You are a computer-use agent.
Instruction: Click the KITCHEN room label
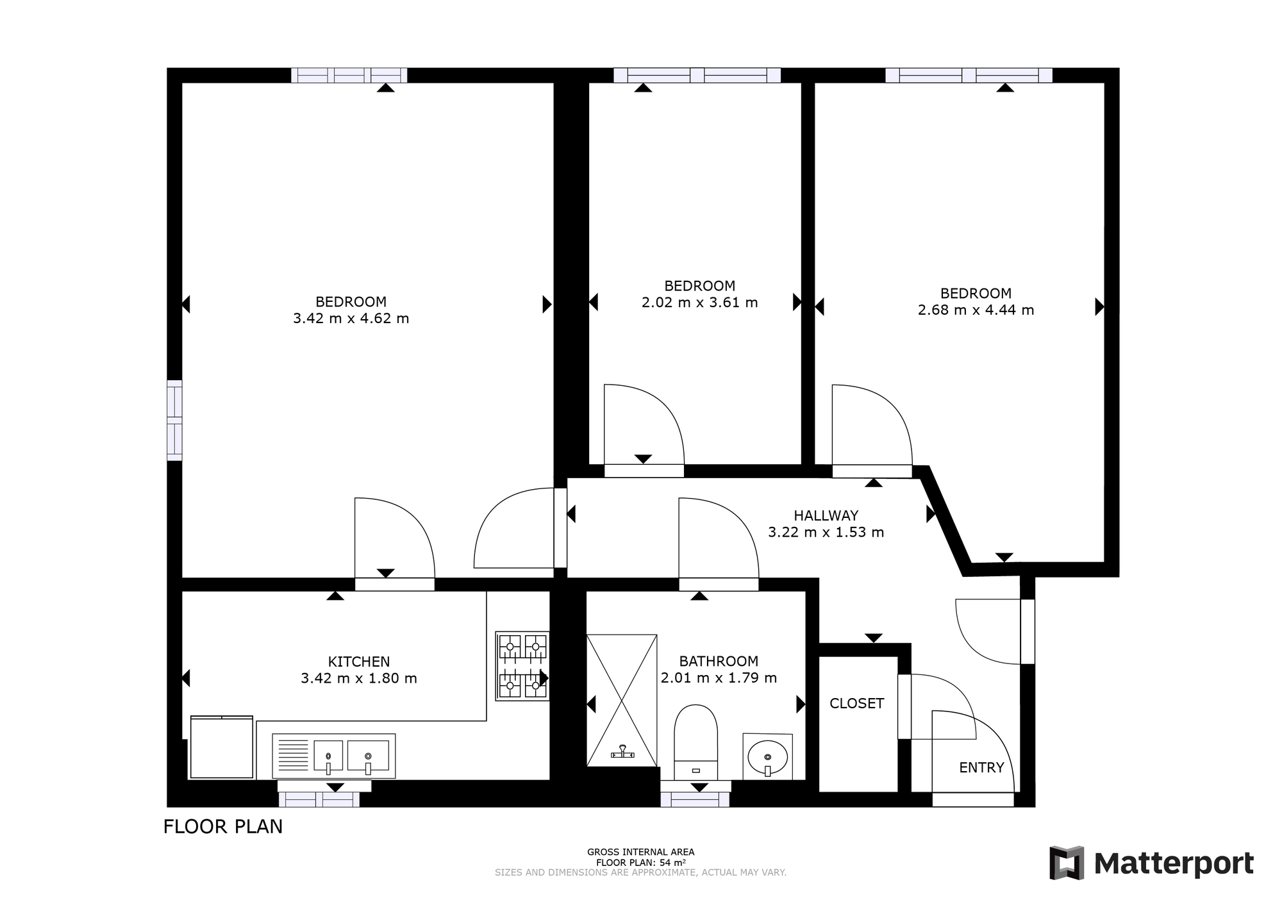point(359,662)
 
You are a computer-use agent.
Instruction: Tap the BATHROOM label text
point(719,661)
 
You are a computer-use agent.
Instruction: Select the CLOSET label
point(857,703)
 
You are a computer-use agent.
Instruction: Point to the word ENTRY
point(981,767)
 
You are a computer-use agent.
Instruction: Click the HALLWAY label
point(826,515)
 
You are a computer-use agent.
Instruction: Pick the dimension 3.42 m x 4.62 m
point(351,319)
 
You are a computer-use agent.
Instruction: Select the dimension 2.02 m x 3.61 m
point(700,303)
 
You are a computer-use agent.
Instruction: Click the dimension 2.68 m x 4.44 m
point(976,310)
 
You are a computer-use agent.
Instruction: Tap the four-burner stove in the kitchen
point(522,666)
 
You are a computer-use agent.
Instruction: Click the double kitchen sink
point(334,756)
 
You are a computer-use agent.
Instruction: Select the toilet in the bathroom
point(695,742)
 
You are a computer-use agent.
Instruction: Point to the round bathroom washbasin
point(768,757)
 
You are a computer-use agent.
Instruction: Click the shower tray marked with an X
point(622,701)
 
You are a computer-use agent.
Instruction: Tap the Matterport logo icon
point(1067,863)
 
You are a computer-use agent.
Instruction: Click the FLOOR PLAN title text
point(223,827)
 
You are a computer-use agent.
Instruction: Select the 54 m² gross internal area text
point(641,862)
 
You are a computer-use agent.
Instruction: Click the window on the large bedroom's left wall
point(174,420)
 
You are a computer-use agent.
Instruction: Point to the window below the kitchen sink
point(319,799)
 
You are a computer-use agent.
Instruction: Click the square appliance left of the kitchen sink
point(222,747)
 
